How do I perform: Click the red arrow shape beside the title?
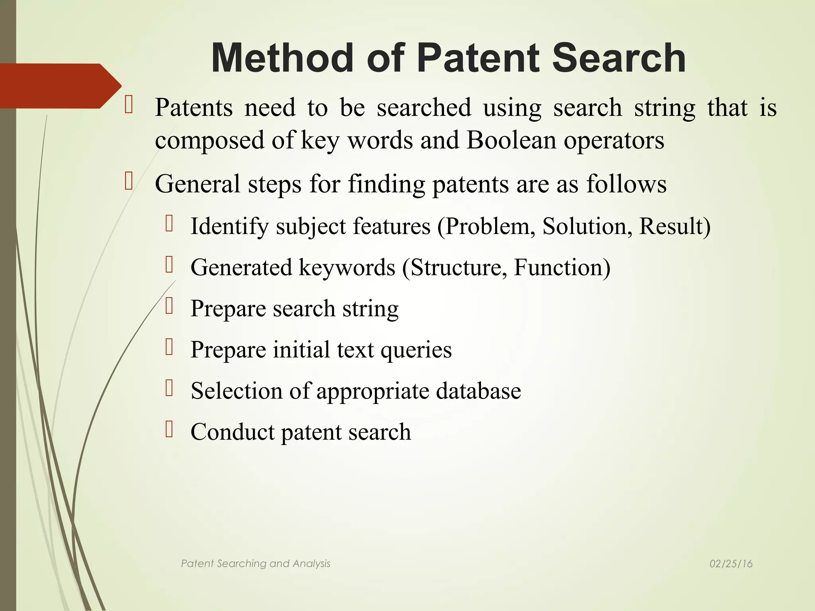pos(60,86)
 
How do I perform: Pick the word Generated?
pos(241,267)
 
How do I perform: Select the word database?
pos(478,391)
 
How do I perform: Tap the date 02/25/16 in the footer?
pos(731,564)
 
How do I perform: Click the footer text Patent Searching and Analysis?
pos(255,564)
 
